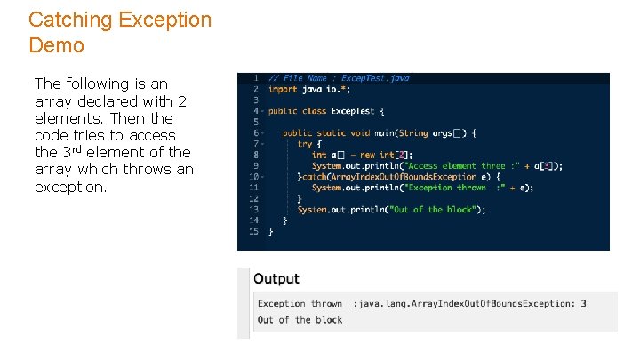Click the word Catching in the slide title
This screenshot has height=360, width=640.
tap(69, 20)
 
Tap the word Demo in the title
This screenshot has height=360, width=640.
tap(56, 45)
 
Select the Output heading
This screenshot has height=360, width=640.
tap(276, 279)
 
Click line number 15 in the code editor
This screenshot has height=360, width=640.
tap(253, 231)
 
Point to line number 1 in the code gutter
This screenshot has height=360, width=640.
tap(256, 78)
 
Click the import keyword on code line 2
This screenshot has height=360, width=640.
tap(283, 89)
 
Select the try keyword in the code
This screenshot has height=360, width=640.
tap(305, 144)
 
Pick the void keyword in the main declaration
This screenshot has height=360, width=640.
tap(359, 133)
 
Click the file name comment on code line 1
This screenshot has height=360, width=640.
tap(339, 78)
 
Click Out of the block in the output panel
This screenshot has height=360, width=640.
tap(300, 320)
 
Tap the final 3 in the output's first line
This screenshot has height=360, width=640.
tap(583, 304)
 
